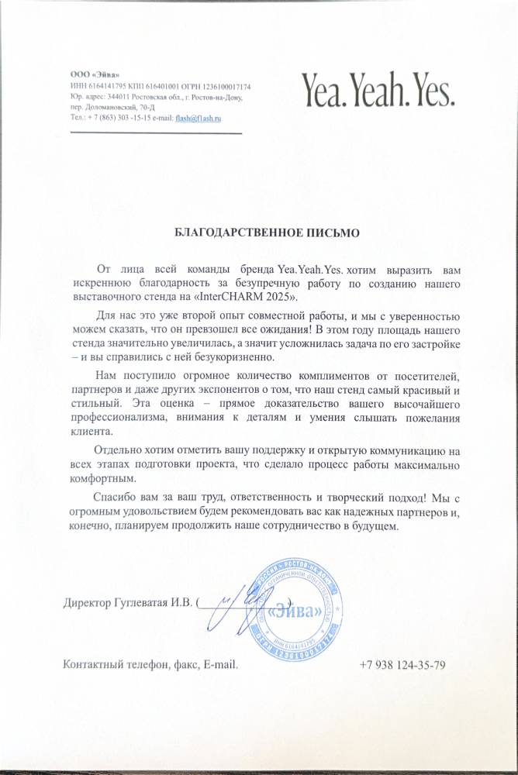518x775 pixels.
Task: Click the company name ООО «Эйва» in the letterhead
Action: coord(92,74)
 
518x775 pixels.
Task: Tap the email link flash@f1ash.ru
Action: coord(199,118)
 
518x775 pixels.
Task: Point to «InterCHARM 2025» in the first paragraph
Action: coord(247,297)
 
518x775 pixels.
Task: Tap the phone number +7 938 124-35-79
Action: coord(402,665)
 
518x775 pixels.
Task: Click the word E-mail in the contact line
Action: coord(220,665)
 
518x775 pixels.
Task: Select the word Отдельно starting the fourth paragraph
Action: coord(119,449)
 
